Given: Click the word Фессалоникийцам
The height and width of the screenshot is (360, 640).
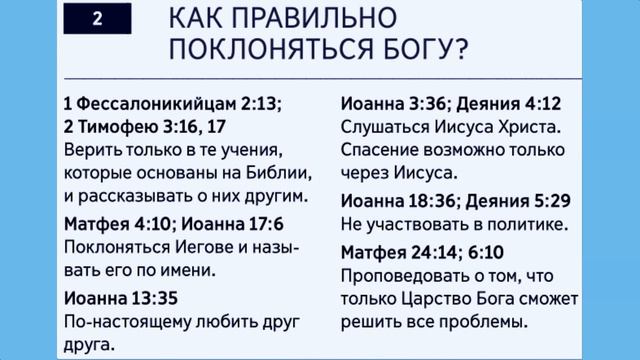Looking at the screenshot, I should [147, 103].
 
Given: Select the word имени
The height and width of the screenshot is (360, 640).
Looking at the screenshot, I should [190, 269].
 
